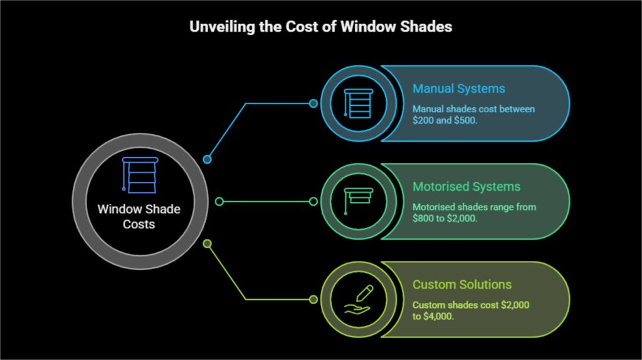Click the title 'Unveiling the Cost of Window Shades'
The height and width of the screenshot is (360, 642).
point(320,28)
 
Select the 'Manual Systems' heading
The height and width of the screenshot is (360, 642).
point(458,88)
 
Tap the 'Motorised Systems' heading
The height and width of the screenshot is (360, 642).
point(466,186)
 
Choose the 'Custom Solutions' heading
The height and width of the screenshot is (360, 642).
point(462,284)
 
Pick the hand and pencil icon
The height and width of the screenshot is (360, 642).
point(358,299)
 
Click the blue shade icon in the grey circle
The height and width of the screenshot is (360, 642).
point(139,176)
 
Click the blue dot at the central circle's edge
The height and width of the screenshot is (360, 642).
point(207,159)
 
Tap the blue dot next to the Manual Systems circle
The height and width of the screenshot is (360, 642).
point(313,103)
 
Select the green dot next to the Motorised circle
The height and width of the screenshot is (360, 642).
point(313,201)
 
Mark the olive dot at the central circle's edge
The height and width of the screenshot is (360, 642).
point(208,243)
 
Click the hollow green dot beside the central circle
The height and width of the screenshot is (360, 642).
point(219,201)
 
